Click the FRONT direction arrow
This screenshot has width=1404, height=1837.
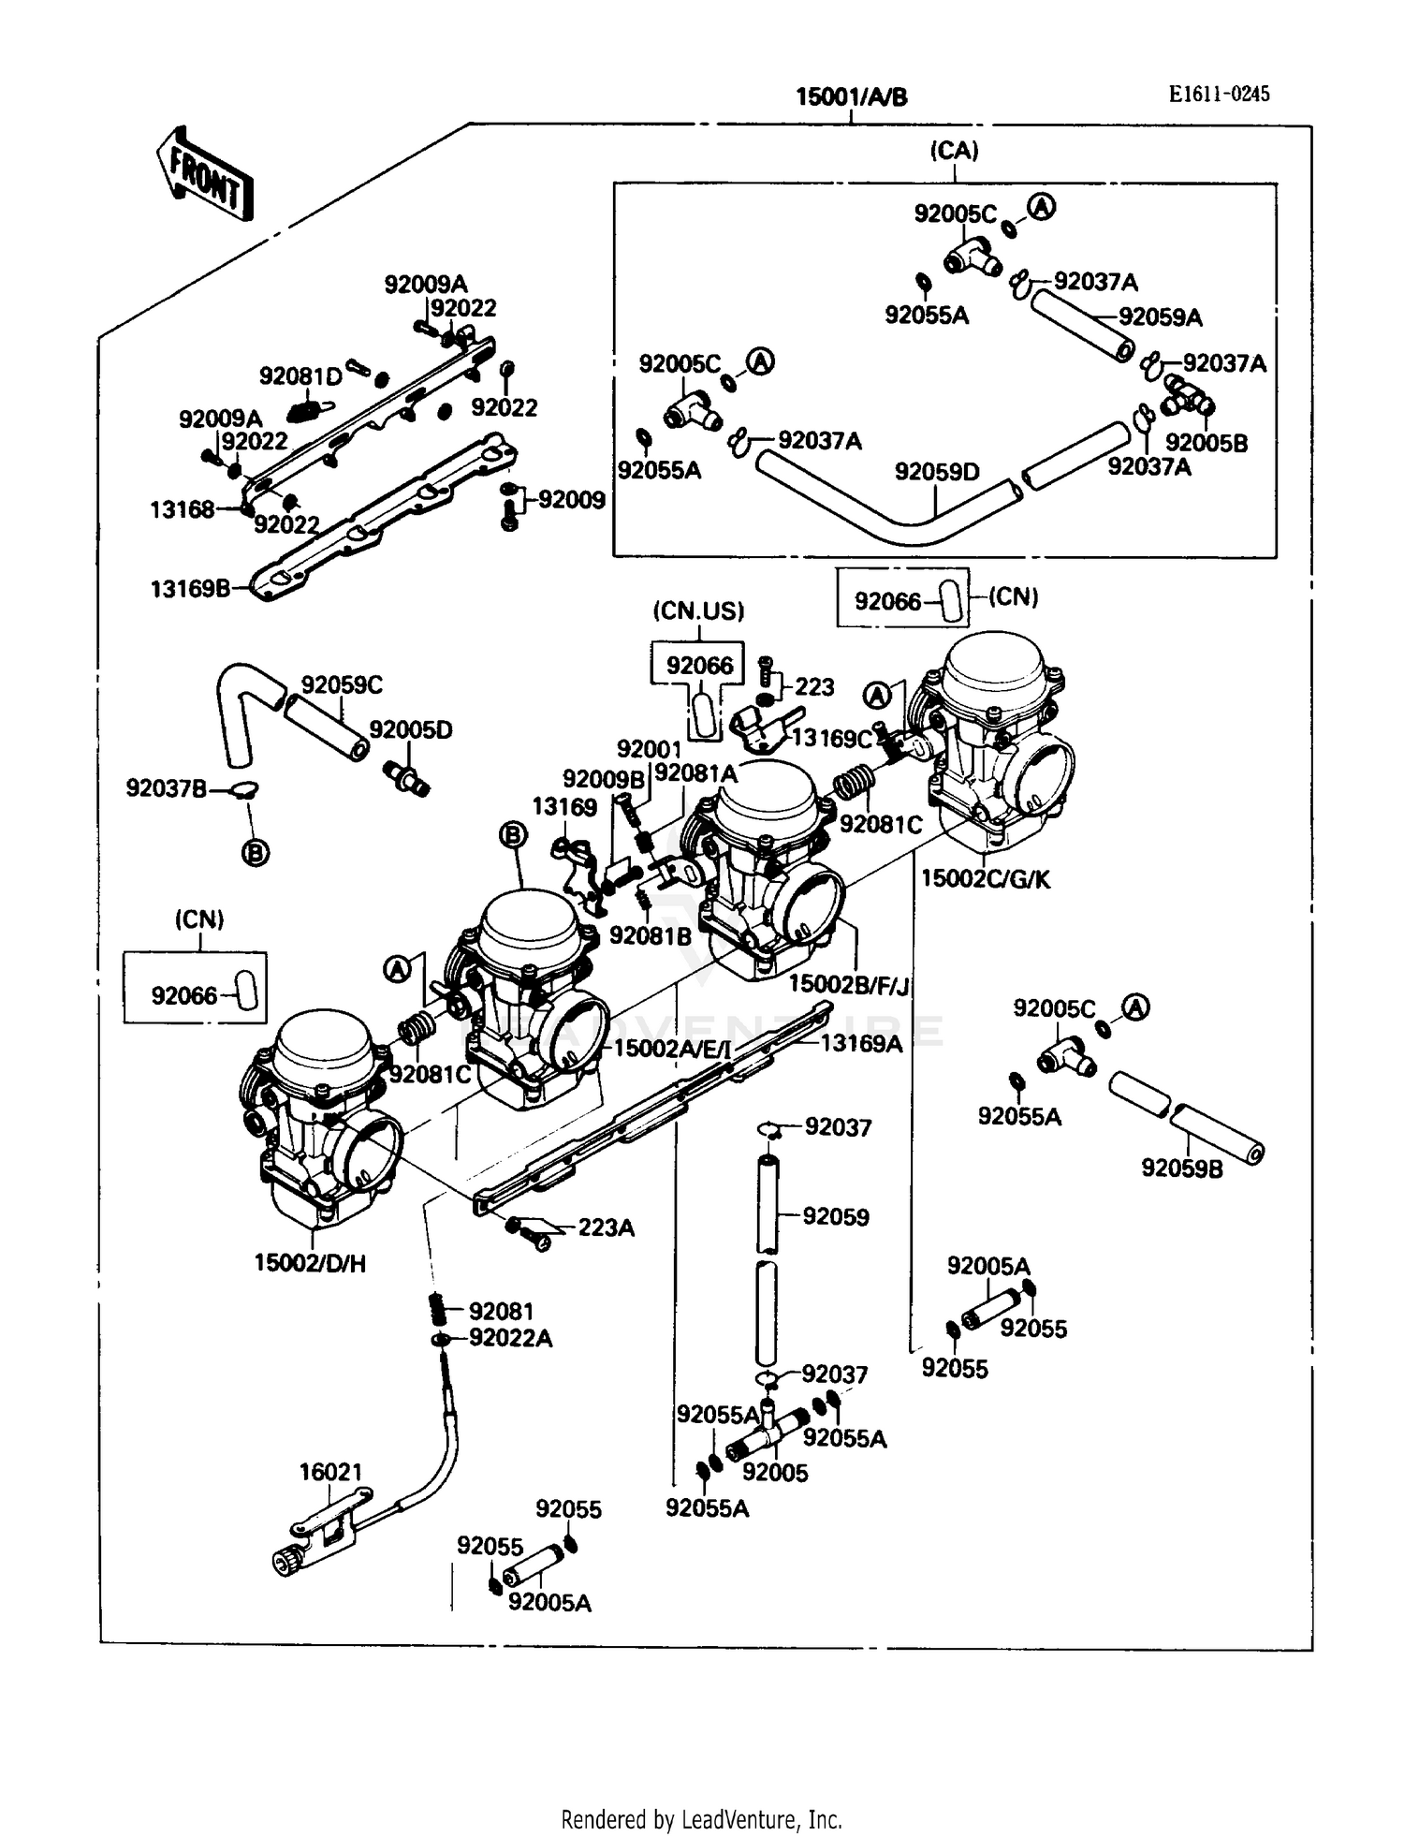[204, 175]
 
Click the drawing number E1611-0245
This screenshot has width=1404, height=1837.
[1219, 94]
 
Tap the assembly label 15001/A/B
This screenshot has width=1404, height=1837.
[851, 97]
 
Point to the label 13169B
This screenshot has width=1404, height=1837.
[190, 589]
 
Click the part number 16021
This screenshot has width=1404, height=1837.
[329, 1472]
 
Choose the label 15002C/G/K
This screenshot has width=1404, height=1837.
[986, 878]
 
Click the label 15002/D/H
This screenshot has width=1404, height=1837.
[310, 1263]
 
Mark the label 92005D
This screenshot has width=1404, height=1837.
[410, 729]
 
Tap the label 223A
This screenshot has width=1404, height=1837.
[606, 1227]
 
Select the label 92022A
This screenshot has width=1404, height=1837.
[510, 1339]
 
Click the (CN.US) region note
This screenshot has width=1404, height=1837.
[698, 611]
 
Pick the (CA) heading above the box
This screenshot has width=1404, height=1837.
[954, 151]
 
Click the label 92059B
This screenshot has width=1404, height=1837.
[1181, 1168]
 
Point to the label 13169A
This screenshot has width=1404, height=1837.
[861, 1043]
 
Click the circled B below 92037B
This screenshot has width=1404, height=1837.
[255, 853]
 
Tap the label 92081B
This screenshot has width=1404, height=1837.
[650, 935]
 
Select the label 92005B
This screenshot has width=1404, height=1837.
[1206, 443]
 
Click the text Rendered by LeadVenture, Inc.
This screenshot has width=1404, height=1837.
[701, 1819]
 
